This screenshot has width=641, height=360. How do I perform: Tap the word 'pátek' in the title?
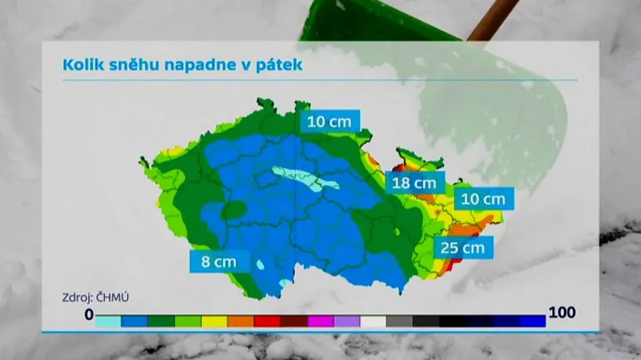279,65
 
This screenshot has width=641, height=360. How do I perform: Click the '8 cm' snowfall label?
215,261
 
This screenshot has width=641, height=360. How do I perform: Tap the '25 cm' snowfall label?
462,247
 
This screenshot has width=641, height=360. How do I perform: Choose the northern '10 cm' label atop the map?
329,121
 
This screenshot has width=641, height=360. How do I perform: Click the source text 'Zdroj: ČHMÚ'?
95,297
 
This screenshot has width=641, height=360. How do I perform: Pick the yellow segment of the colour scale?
214,322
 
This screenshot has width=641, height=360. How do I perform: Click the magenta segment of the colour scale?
320,322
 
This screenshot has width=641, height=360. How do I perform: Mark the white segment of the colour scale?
373,322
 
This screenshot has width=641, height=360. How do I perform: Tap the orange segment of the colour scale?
240,322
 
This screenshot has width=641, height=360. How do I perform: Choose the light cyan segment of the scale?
108,322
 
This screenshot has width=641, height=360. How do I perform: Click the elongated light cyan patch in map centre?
304,179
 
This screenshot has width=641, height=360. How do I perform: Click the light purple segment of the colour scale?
346,322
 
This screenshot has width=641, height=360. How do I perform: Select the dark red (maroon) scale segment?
293,322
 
